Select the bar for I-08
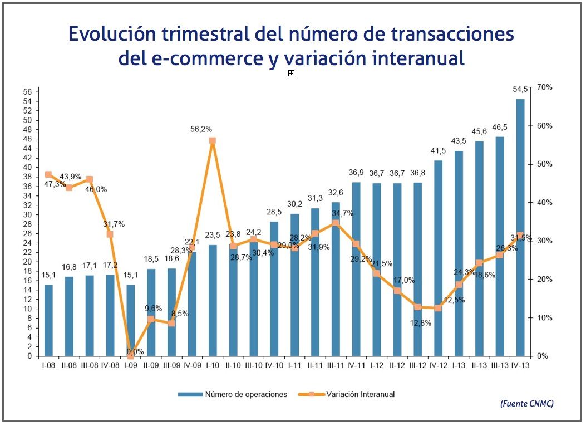click(x=48, y=320)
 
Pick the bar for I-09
click(x=130, y=320)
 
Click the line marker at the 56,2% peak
click(x=212, y=141)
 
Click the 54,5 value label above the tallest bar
click(x=520, y=89)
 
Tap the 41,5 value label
click(x=438, y=151)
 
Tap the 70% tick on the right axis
click(x=544, y=87)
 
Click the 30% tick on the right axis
click(x=544, y=241)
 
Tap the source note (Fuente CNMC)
click(x=526, y=403)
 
